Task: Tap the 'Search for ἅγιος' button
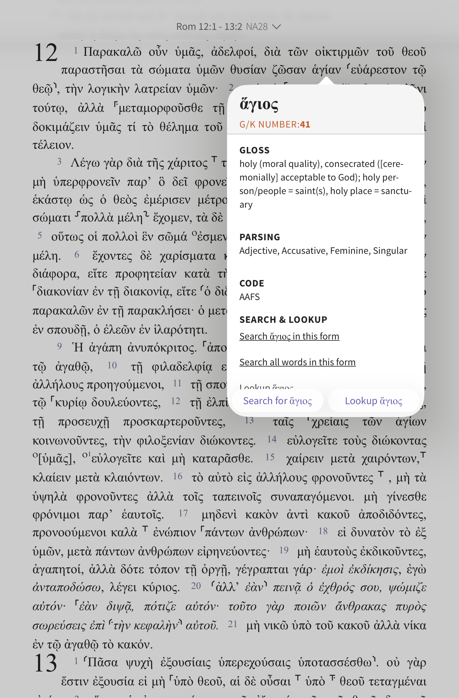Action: [x=277, y=401]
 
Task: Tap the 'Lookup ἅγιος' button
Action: [x=374, y=401]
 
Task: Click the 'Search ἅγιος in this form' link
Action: [x=289, y=336]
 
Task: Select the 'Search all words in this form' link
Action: [x=297, y=362]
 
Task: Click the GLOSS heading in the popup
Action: [x=254, y=150]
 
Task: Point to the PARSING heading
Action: [x=260, y=237]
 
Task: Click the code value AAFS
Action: [x=250, y=297]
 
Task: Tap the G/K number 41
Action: [x=305, y=124]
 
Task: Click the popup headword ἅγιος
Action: [x=259, y=105]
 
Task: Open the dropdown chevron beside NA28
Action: [x=277, y=27]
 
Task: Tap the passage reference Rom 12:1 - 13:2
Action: [x=209, y=27]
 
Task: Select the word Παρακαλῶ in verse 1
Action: [x=112, y=52]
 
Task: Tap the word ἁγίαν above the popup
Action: [x=326, y=70]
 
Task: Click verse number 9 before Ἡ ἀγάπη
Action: [x=60, y=346]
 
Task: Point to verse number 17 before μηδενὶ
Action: [x=183, y=513]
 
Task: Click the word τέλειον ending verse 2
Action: [x=53, y=145]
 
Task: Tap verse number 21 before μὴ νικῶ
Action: [x=232, y=624]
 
